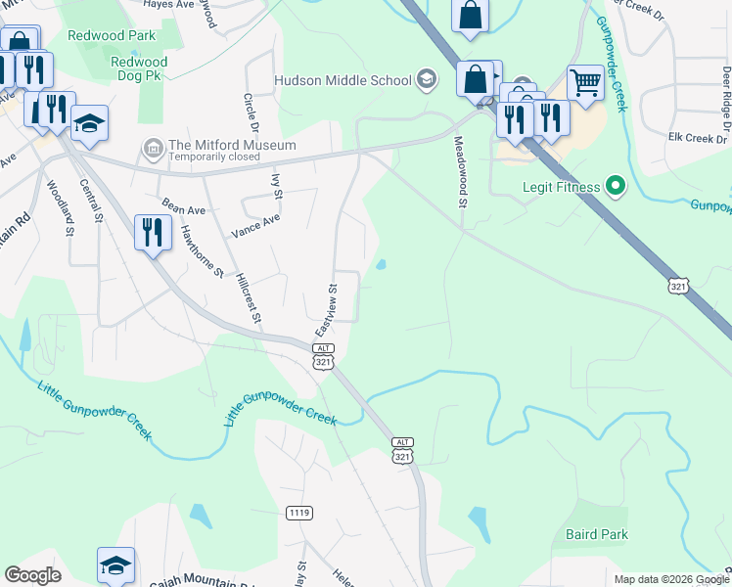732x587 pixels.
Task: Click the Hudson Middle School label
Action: (343, 79)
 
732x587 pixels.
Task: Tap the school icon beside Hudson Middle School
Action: (427, 78)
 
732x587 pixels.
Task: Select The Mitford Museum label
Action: (232, 145)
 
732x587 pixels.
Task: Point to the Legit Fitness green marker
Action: (616, 184)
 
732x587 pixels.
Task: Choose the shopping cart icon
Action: (585, 82)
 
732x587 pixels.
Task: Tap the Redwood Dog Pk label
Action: (131, 68)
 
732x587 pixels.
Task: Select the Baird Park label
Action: (597, 534)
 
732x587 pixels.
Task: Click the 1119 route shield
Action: (299, 513)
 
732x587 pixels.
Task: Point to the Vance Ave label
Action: (254, 227)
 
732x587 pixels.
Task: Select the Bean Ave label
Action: (183, 205)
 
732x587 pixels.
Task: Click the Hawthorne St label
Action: (203, 249)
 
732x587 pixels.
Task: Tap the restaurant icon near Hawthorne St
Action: (151, 232)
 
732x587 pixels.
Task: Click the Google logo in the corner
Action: (32, 575)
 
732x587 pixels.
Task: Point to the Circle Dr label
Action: (251, 113)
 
